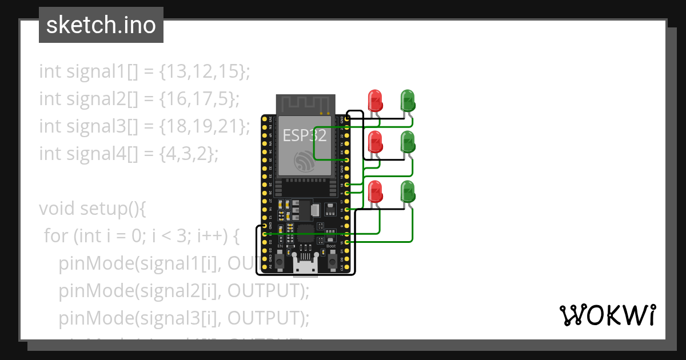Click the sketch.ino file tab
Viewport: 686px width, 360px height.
[x=101, y=25]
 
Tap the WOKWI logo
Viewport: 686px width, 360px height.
[x=607, y=315]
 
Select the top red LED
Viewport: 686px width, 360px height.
[x=375, y=100]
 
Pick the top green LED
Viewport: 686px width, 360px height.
[x=407, y=100]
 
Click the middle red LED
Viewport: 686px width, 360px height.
[x=375, y=142]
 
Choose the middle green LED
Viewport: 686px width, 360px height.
[x=407, y=142]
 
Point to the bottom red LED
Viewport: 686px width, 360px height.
[x=375, y=191]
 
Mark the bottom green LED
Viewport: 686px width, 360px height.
[x=407, y=191]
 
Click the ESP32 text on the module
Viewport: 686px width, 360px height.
[x=304, y=135]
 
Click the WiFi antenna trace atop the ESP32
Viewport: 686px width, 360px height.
[x=304, y=104]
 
